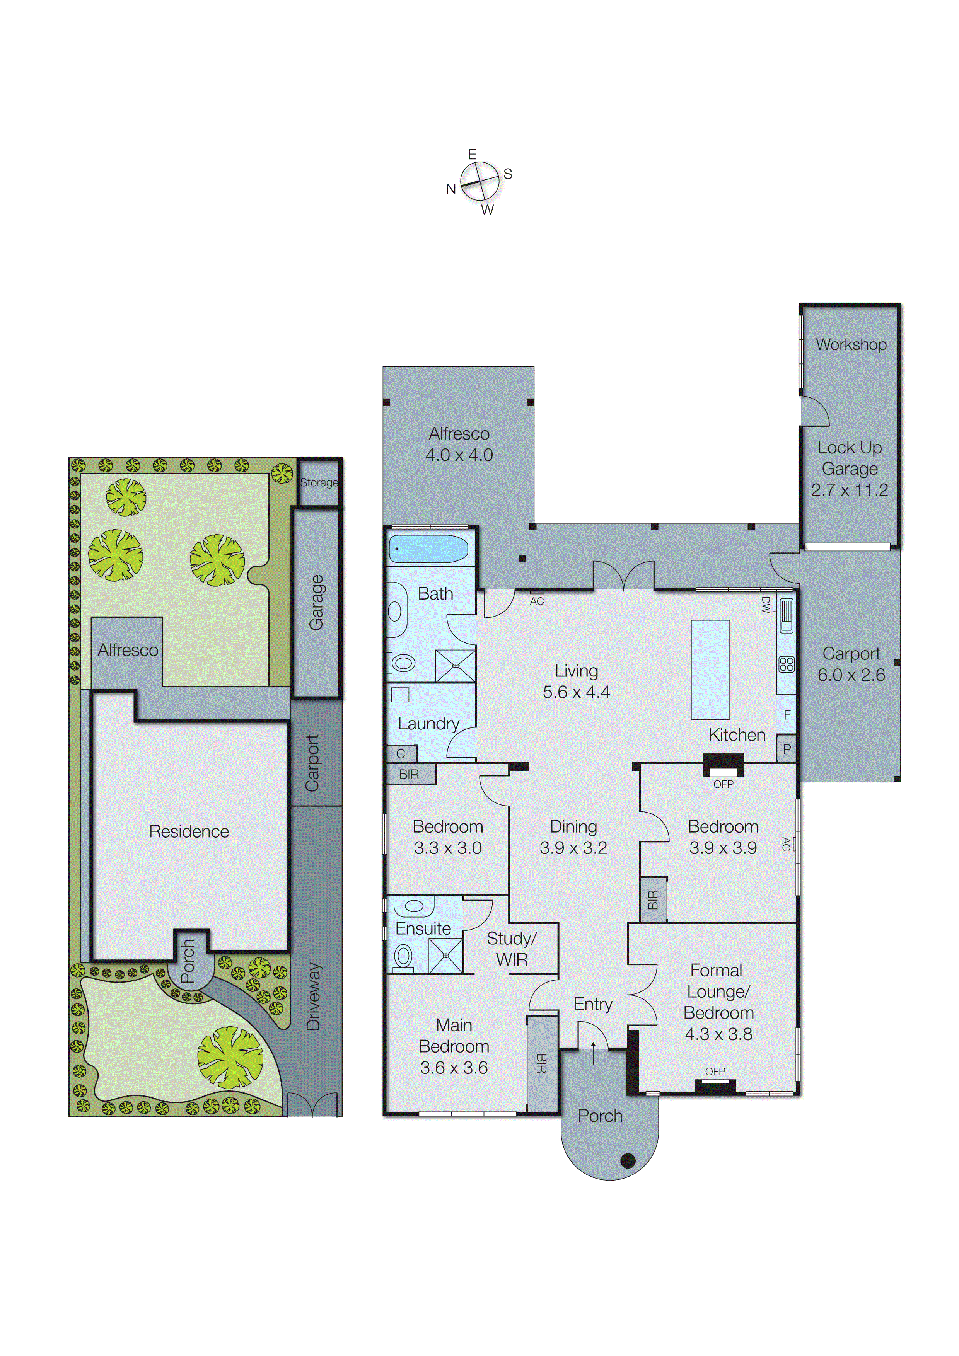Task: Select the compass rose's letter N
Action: pos(451,189)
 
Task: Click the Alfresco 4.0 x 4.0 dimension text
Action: pos(459,455)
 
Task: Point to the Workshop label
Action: pos(851,344)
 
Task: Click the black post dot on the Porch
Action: pos(628,1160)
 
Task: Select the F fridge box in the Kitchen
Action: pos(787,715)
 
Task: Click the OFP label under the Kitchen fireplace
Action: pos(723,784)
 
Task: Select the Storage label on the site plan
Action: pos(319,482)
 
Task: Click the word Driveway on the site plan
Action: pos(313,997)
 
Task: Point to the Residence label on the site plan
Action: pos(189,831)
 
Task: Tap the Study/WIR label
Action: pos(512,949)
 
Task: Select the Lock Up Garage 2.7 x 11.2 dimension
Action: pos(849,490)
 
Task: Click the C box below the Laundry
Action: pos(401,754)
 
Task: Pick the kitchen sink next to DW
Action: pos(787,615)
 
